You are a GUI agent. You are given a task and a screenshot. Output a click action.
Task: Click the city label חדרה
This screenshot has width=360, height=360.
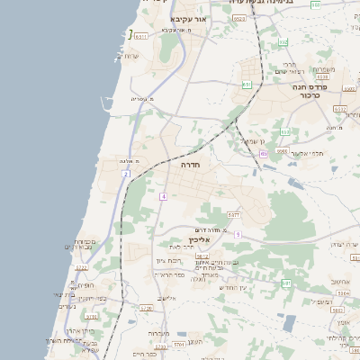click(x=190, y=166)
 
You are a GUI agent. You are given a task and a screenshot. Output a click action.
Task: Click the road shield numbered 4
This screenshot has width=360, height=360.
click(x=163, y=195)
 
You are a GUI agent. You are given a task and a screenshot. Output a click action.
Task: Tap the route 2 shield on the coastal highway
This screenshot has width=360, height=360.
click(x=126, y=173)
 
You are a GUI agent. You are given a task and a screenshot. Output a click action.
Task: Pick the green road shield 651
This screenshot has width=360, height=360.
click(x=247, y=85)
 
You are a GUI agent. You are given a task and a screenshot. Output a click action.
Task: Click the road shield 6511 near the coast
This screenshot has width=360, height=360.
click(x=140, y=35)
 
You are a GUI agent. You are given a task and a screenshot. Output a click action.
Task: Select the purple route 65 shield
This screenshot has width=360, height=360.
click(x=263, y=153)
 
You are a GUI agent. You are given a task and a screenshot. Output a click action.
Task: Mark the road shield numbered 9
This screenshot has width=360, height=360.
click(x=238, y=234)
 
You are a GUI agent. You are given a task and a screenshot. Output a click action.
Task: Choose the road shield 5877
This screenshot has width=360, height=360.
click(x=233, y=215)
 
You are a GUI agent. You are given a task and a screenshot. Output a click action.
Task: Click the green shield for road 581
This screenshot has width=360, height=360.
click(x=286, y=283)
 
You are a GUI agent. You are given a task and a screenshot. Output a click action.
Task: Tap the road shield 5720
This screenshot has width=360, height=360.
click(x=147, y=308)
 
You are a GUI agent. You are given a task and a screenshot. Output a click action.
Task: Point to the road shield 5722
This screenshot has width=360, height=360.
click(x=81, y=267)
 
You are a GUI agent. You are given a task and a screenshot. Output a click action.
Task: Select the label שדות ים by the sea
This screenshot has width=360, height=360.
click(x=128, y=56)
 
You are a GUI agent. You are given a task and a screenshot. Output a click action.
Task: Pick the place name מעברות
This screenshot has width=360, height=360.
click(x=158, y=333)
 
